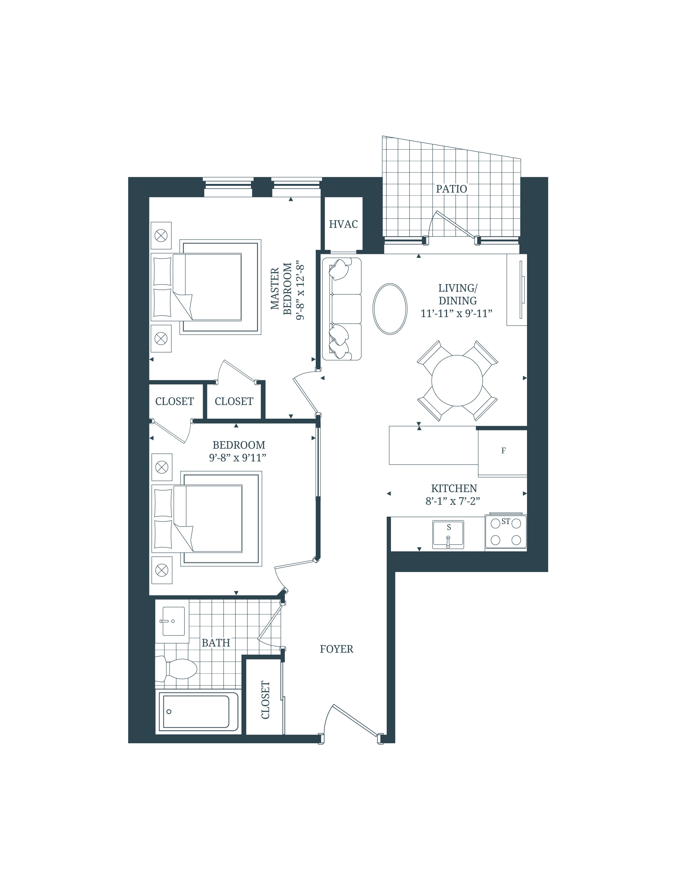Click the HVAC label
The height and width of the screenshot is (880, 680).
click(x=343, y=224)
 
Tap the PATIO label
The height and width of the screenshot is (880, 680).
click(x=451, y=189)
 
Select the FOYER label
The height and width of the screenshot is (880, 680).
click(x=336, y=649)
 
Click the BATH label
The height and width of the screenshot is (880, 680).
click(x=216, y=643)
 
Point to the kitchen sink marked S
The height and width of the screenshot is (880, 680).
click(x=448, y=535)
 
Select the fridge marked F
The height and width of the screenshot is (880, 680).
click(x=503, y=451)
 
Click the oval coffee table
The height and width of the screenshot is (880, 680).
click(x=390, y=309)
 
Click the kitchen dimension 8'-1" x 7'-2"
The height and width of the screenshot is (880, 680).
click(x=453, y=501)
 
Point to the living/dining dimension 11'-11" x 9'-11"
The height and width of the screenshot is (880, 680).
click(x=456, y=314)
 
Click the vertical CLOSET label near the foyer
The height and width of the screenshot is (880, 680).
click(x=265, y=700)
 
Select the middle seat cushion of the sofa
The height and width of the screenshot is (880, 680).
click(x=346, y=309)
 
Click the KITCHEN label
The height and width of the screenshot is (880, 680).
click(x=454, y=488)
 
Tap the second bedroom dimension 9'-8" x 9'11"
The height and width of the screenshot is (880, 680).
click(x=237, y=458)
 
